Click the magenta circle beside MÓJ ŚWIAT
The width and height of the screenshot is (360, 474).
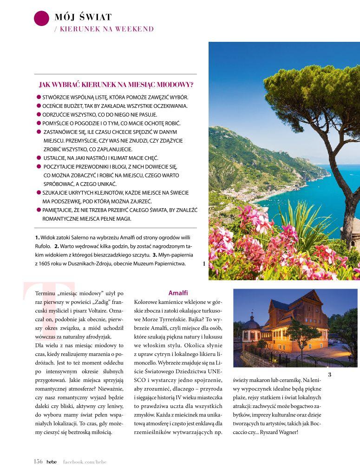pos(41,18)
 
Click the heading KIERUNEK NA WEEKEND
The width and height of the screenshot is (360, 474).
pos(107,29)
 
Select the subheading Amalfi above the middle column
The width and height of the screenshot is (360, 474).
pos(178,293)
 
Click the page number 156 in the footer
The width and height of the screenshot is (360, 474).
pos(38,461)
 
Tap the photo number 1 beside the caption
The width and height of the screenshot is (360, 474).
pos(203,263)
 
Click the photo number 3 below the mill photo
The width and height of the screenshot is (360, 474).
pos(329,375)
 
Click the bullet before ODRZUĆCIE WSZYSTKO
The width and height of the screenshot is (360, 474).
pos(39,114)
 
